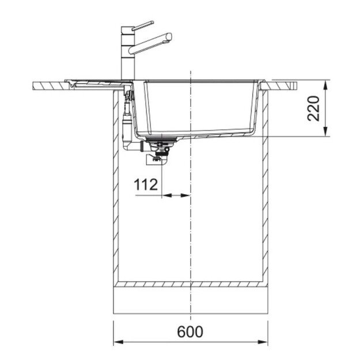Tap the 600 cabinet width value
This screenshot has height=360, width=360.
191,332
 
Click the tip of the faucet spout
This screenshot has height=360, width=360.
169,37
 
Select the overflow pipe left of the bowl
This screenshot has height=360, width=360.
128,118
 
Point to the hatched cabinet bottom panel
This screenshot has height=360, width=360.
191,285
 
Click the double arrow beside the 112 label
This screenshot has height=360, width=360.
176,196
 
